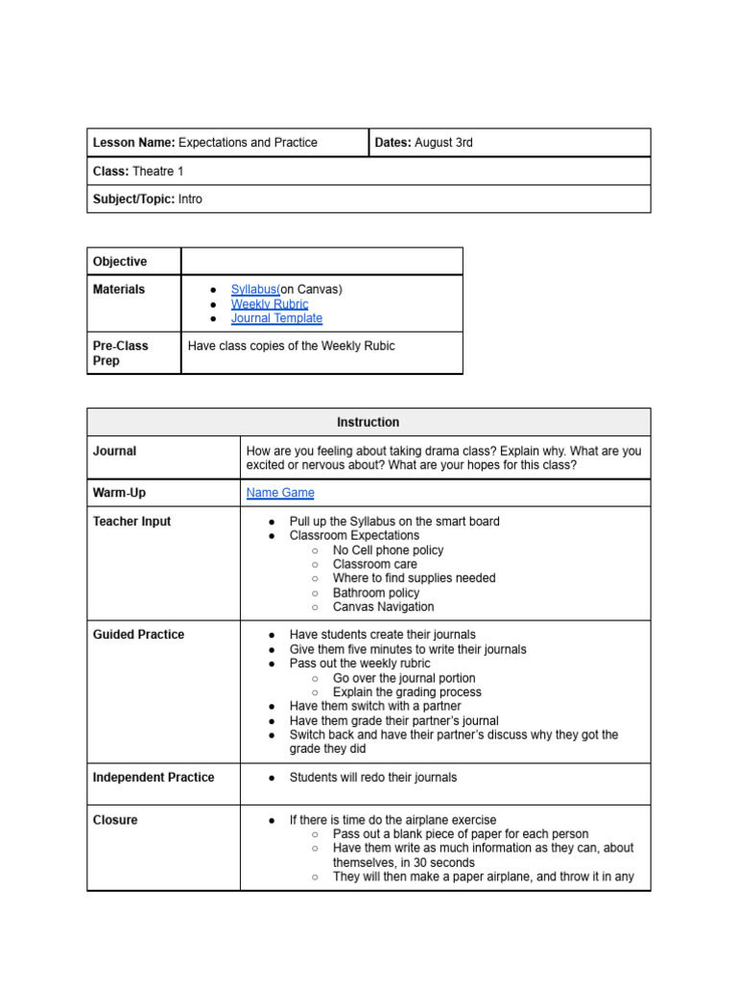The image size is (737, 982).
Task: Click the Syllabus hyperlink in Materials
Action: [253, 290]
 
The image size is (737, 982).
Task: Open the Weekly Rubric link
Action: [269, 304]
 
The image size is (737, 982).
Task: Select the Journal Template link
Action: [276, 318]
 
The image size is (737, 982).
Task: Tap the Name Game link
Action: [280, 493]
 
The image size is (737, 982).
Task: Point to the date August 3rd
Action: [443, 143]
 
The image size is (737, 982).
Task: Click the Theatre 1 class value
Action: [157, 171]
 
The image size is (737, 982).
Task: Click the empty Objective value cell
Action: [321, 262]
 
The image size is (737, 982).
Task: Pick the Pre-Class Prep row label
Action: [121, 353]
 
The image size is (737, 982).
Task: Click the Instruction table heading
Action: [368, 422]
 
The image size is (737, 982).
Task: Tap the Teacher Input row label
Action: [131, 522]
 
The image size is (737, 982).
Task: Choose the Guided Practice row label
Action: [138, 635]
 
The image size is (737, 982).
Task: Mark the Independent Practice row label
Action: [154, 778]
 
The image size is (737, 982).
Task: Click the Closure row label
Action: [115, 820]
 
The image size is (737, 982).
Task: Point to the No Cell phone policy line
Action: [388, 550]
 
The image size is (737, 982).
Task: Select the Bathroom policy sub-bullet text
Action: [376, 593]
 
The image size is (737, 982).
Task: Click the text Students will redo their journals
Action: [373, 778]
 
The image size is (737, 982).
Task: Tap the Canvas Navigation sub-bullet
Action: [383, 607]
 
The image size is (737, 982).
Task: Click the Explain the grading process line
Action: [407, 692]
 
